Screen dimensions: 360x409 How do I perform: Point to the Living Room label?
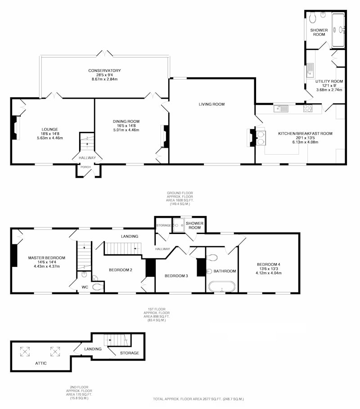point(211,104)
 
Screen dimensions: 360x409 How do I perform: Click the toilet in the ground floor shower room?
point(313,18)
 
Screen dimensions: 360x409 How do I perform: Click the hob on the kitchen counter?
point(308,108)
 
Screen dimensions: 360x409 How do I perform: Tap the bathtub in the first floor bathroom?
point(222,287)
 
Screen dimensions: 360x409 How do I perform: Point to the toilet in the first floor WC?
point(98,287)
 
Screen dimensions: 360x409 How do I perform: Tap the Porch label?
point(85,167)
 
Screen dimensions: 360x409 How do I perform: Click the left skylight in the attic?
point(25,351)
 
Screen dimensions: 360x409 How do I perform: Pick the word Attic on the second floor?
point(41,363)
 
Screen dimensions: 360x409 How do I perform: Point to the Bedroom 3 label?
point(176,276)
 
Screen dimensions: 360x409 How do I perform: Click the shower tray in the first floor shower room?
point(179,225)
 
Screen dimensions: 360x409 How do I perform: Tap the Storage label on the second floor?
point(130,353)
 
